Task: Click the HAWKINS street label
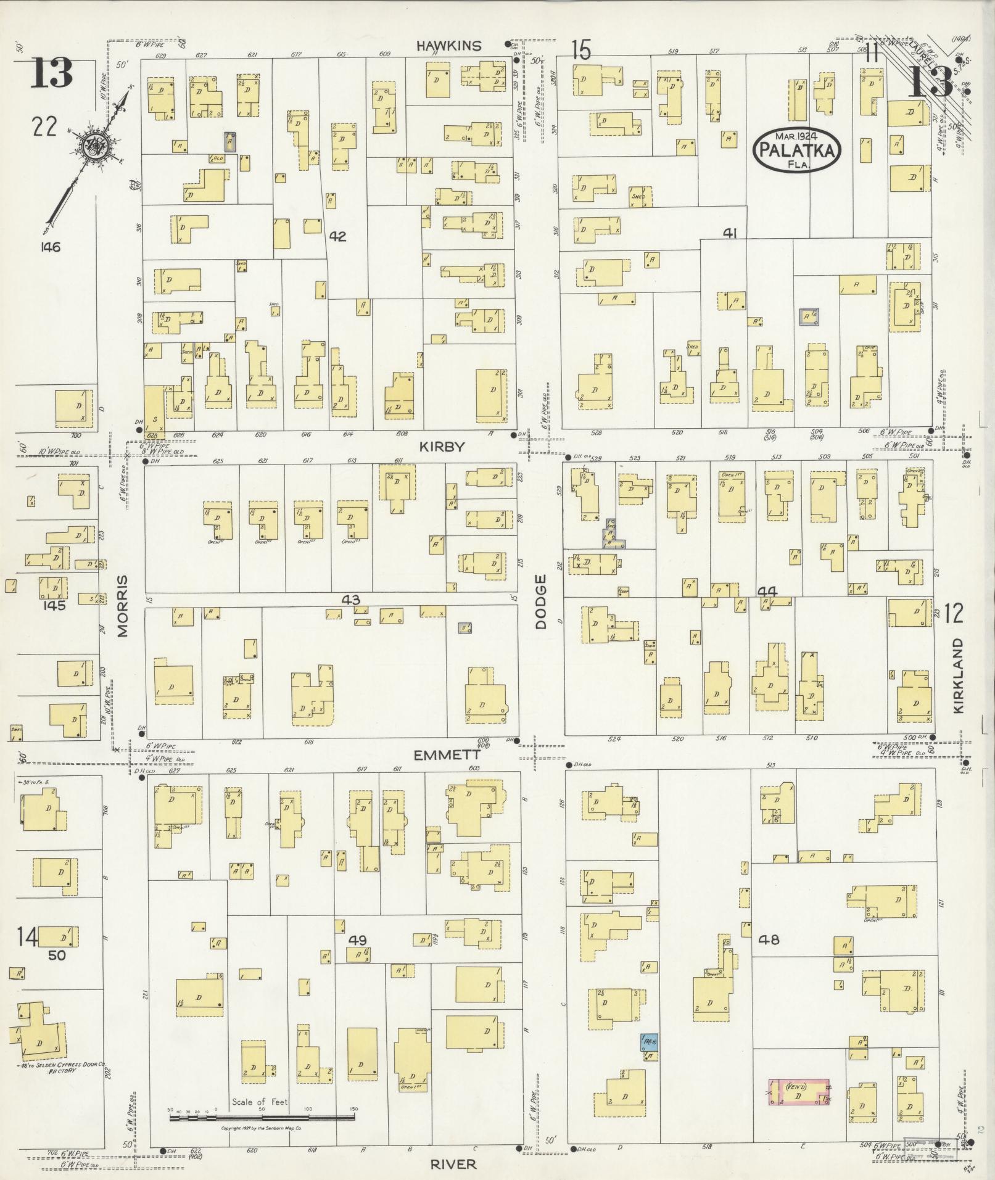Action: pyautogui.click(x=448, y=45)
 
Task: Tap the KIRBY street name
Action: pyautogui.click(x=442, y=447)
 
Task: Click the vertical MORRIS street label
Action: pyautogui.click(x=122, y=606)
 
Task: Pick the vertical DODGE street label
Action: pyautogui.click(x=541, y=601)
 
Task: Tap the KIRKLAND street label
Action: pyautogui.click(x=958, y=675)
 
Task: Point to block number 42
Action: pyautogui.click(x=337, y=236)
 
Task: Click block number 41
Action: pyautogui.click(x=730, y=233)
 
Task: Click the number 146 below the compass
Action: pyautogui.click(x=48, y=247)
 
